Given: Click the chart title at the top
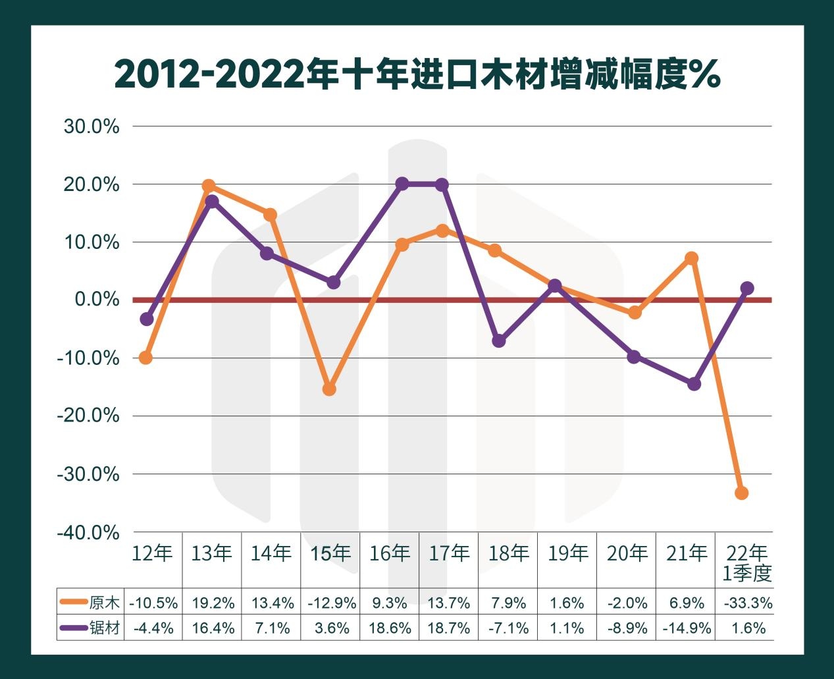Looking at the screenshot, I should click(417, 74).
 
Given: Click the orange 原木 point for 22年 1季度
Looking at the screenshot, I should click(741, 493).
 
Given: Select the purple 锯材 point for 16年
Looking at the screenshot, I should click(402, 184).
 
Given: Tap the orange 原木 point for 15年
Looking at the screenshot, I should click(329, 389).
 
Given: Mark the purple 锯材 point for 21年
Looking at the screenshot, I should click(694, 383).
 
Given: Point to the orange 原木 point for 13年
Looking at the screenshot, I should click(209, 186).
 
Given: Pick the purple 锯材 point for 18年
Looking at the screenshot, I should click(499, 340).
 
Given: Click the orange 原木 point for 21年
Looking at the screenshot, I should click(691, 258).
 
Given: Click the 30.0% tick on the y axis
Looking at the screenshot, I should click(91, 126).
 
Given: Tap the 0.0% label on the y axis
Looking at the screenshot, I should click(97, 300).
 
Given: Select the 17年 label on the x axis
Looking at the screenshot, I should click(449, 553).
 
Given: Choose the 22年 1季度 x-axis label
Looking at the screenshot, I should click(746, 563).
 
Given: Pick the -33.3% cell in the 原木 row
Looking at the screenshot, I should click(747, 603).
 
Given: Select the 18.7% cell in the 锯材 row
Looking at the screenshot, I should click(449, 628).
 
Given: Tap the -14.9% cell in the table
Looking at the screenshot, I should click(687, 628).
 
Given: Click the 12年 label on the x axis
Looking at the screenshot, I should click(152, 553).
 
